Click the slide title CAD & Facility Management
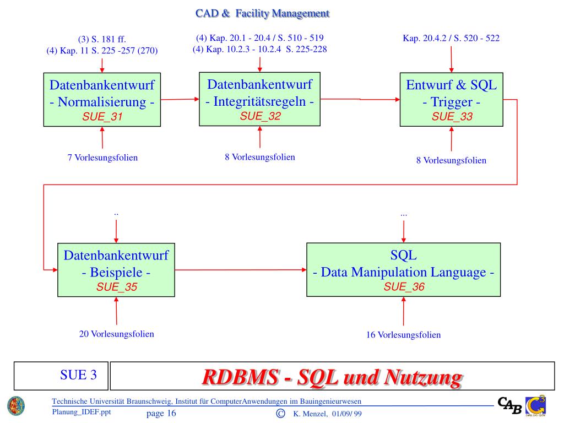pos(262,13)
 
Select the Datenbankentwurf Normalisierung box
pos(102,100)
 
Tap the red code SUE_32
pos(260,116)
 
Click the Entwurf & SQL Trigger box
pos(452,100)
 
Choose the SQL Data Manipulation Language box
pos(404,270)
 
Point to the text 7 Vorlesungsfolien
pos(102,158)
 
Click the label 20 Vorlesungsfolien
pos(117,334)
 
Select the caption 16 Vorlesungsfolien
pos(404,335)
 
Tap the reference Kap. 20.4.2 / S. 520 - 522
pos(451,39)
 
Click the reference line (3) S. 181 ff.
pos(102,39)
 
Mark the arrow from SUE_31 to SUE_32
pos(180,99)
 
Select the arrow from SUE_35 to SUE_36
pos(241,270)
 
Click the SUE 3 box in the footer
pos(61,376)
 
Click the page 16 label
pos(161,414)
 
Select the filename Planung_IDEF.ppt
pos(81,411)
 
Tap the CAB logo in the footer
pos(509,405)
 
